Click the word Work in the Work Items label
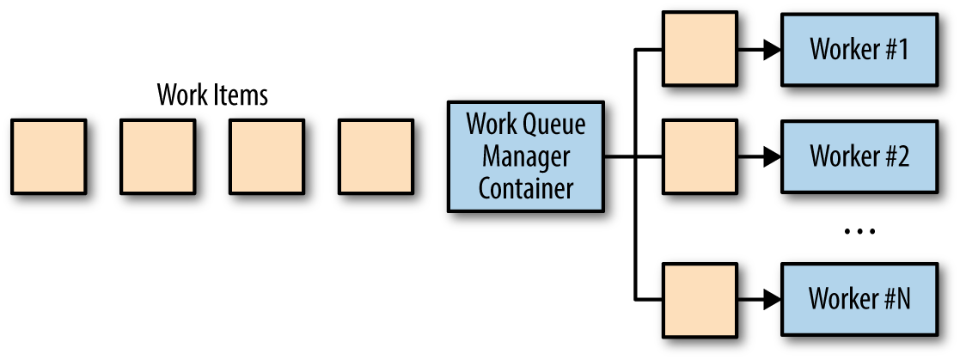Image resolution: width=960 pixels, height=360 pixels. coord(179,95)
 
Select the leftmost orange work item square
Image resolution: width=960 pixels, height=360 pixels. coord(49,156)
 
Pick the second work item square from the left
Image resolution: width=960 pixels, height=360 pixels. coord(157,156)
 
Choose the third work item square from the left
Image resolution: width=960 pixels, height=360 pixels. coord(266,156)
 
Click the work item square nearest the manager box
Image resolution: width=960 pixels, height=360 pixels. coord(376,156)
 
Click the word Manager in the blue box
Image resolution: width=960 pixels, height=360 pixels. coord(526,156)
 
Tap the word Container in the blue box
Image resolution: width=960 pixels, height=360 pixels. coord(526,187)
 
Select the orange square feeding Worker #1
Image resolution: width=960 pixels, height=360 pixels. coord(700,49)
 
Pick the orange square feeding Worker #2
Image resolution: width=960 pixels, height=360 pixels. coord(700,156)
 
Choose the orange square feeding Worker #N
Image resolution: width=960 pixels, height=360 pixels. coord(700,299)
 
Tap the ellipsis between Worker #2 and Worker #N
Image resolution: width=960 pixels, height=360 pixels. coord(859,231)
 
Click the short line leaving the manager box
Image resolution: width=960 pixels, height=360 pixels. coord(619,157)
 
